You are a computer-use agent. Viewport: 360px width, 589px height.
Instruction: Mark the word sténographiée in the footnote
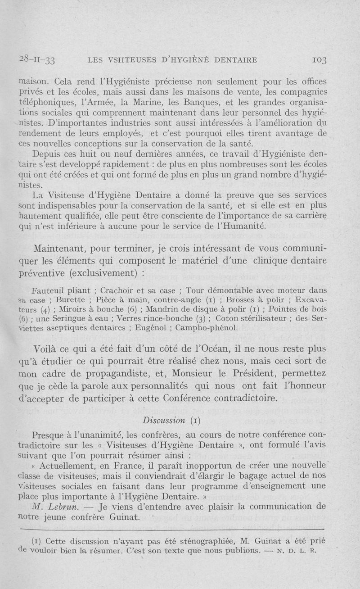pos(180,541)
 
